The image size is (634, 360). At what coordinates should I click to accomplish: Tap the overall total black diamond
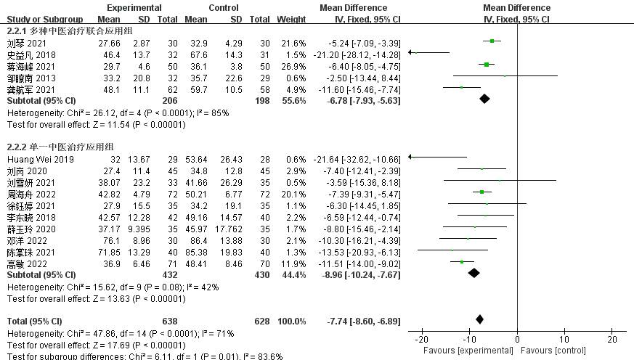tap(479, 319)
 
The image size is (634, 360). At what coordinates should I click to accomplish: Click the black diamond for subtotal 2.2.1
tap(484, 99)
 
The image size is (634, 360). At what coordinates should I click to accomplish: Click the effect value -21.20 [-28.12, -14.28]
tap(357, 53)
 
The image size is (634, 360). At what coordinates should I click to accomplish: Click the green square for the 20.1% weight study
tap(481, 192)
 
